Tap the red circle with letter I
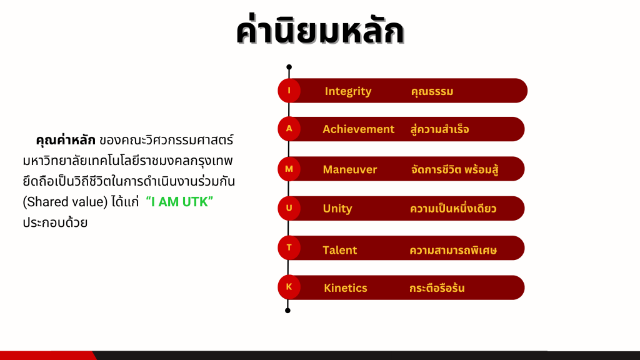[289, 91]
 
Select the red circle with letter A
[289, 129]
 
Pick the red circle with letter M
[289, 169]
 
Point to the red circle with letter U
[289, 208]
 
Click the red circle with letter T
[289, 247]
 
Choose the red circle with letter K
[289, 287]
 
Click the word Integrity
[348, 91]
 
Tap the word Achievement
[358, 129]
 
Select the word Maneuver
[350, 169]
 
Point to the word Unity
[337, 209]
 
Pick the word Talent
[339, 250]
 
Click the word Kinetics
[345, 287]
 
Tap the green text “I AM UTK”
[179, 202]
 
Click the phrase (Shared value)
[65, 202]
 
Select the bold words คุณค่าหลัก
[65, 139]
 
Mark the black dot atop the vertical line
[289, 67]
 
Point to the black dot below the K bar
[287, 311]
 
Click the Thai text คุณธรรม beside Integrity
[432, 91]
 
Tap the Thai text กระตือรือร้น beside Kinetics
[437, 287]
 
